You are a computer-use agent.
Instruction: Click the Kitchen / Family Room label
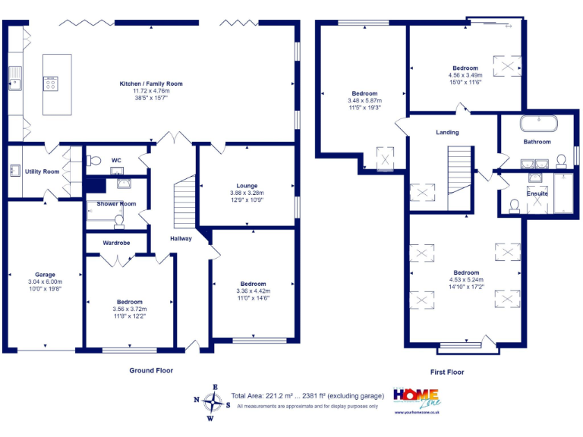(x=150, y=83)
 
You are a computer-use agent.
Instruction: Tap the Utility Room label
(x=43, y=171)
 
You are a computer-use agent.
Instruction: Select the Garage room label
(x=45, y=275)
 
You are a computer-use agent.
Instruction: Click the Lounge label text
(x=247, y=185)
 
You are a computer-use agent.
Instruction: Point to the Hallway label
(x=181, y=238)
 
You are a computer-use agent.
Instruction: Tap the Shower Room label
(x=116, y=203)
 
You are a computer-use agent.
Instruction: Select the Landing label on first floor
(x=447, y=132)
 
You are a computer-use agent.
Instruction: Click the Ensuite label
(x=537, y=193)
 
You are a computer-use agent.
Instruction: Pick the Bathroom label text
(x=537, y=142)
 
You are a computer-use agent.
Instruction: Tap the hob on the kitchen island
(x=51, y=83)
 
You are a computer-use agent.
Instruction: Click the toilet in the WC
(x=93, y=160)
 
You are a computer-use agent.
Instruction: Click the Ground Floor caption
(x=150, y=370)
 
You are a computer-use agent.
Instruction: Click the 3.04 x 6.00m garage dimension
(x=45, y=281)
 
